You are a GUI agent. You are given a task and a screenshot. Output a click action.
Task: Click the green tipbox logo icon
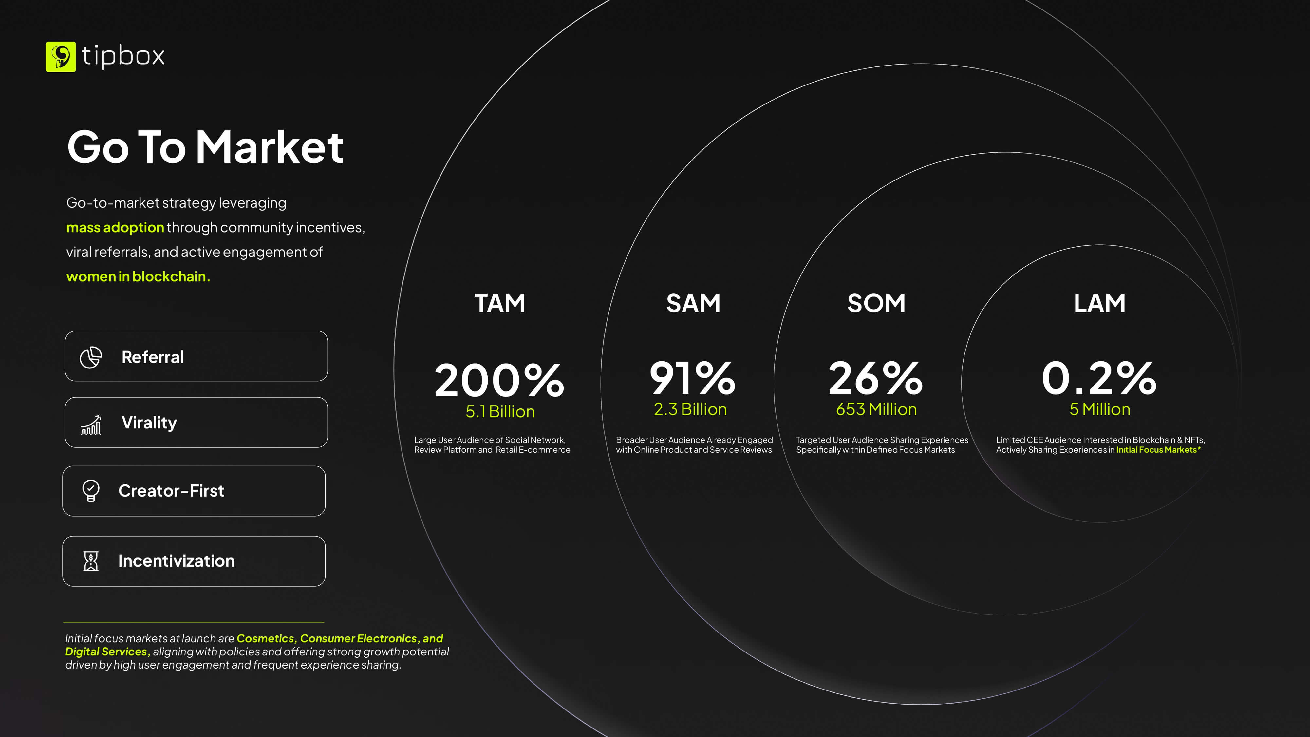61,56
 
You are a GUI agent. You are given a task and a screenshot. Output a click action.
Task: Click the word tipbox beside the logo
123,56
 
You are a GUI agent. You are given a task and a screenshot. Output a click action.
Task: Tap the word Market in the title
270,147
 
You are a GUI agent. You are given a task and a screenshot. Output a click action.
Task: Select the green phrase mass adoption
115,227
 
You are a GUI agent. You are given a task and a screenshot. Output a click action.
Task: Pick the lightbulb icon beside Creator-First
90,491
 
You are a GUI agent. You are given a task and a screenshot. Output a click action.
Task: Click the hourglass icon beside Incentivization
90,561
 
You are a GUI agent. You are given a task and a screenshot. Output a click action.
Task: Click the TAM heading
500,303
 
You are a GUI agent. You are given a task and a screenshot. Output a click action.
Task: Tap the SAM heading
693,303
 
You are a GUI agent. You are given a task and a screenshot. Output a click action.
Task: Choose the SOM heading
876,303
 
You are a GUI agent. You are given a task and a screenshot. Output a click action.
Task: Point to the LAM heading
1099,303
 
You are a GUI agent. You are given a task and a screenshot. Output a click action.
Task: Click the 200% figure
499,380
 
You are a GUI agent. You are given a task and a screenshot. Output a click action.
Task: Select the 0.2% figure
1099,378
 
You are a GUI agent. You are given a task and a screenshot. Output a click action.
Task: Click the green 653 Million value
876,409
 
